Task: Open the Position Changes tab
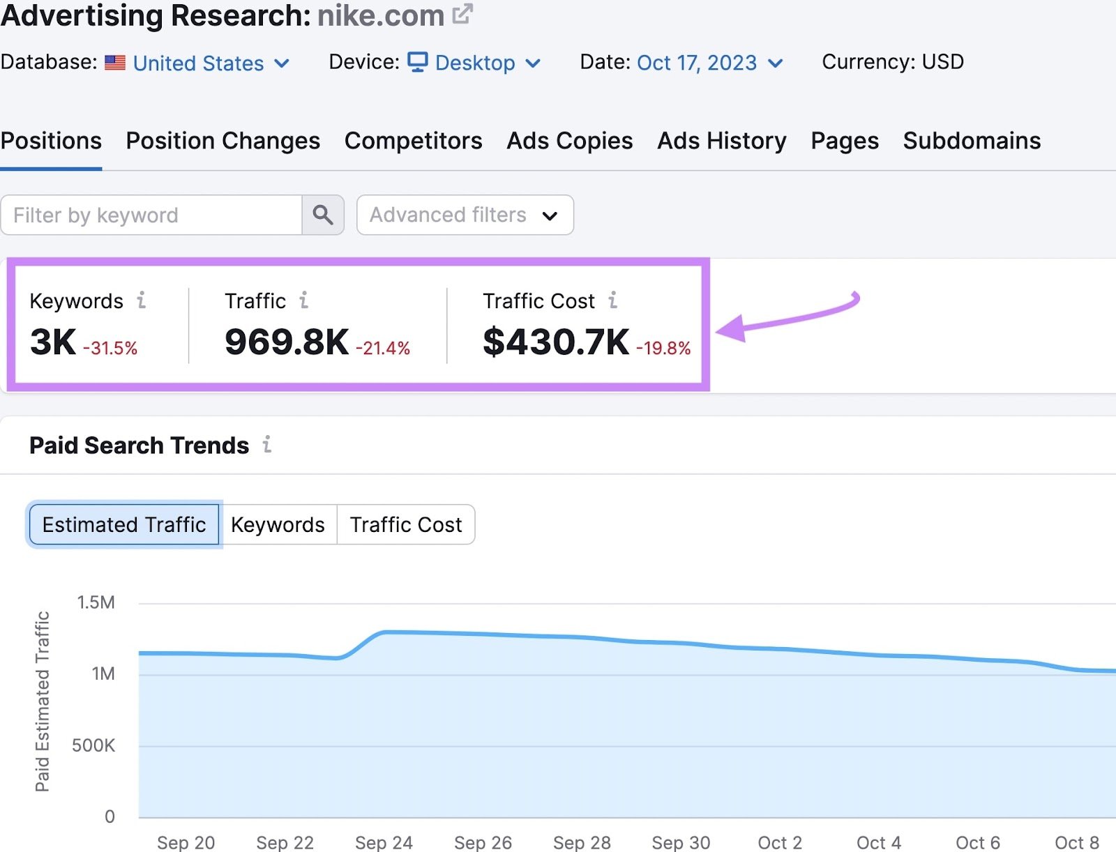[223, 141]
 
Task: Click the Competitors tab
[413, 141]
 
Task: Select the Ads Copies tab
[569, 141]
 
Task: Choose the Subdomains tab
[971, 141]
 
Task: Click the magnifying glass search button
[322, 215]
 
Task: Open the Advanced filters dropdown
[465, 215]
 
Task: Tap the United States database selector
[198, 63]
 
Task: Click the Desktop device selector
[474, 63]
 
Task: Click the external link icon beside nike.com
[462, 14]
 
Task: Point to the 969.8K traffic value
[286, 342]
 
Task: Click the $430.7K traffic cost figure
[556, 342]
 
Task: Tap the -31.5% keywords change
[110, 348]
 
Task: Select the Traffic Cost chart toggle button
[405, 524]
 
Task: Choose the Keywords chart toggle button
[278, 524]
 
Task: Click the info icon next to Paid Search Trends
[267, 444]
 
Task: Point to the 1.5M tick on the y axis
[96, 602]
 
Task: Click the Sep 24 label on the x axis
[384, 842]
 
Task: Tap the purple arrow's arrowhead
[730, 328]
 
